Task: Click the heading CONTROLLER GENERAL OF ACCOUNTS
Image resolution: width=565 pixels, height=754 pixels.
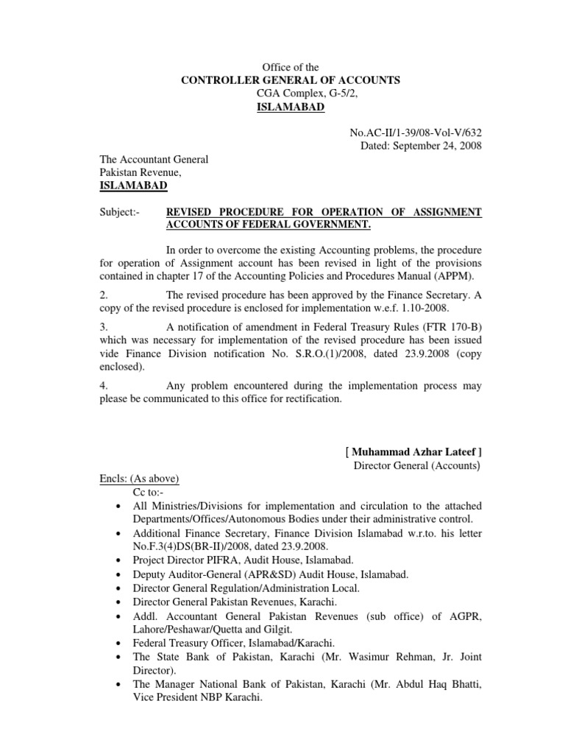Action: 291,80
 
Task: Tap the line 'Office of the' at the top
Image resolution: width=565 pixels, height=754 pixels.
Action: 291,67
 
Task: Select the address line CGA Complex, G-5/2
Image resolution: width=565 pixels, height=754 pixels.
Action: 291,94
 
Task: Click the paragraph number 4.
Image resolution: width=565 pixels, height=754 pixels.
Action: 104,386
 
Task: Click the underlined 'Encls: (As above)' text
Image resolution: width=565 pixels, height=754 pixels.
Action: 140,479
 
